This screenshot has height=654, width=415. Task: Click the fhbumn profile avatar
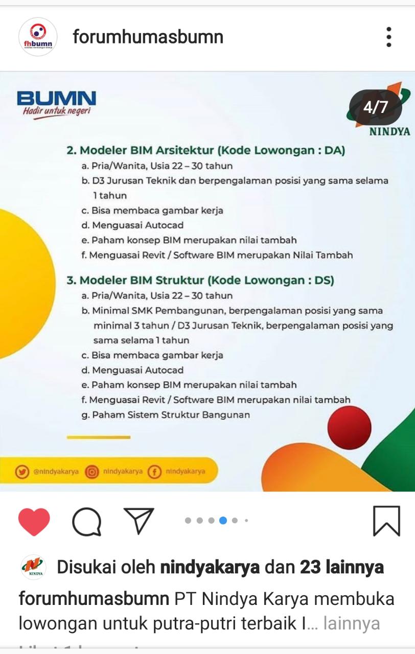click(x=38, y=37)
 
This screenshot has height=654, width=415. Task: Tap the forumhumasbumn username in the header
click(x=148, y=37)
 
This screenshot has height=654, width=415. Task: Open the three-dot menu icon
click(x=389, y=37)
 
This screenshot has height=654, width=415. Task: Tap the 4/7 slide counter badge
click(x=376, y=107)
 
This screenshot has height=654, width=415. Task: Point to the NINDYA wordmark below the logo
click(x=389, y=131)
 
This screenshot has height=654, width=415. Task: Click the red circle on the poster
click(x=349, y=428)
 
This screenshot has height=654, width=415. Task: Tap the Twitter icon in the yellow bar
click(x=22, y=472)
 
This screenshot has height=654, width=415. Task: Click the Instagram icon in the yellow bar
click(x=92, y=472)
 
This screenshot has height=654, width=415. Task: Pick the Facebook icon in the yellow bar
click(x=154, y=472)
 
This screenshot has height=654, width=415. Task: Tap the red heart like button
click(x=34, y=522)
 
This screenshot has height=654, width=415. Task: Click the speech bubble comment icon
click(x=87, y=522)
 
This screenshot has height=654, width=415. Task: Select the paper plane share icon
click(x=139, y=521)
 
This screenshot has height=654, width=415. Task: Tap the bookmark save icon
click(x=386, y=521)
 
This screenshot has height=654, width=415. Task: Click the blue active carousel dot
click(x=223, y=521)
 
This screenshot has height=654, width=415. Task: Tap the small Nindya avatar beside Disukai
click(x=34, y=567)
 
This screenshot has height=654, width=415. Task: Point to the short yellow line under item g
click(x=99, y=437)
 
